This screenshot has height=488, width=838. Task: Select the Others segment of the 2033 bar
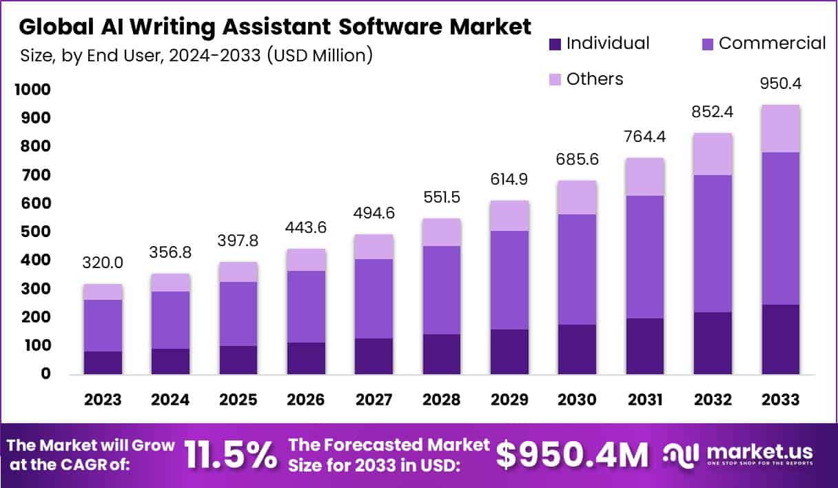(781, 129)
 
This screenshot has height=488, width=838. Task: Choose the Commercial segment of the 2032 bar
(713, 243)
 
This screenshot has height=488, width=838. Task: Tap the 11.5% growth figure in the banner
(231, 454)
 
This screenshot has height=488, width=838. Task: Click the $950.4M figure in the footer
(573, 455)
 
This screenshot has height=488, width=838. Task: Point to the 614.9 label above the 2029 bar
(510, 176)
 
